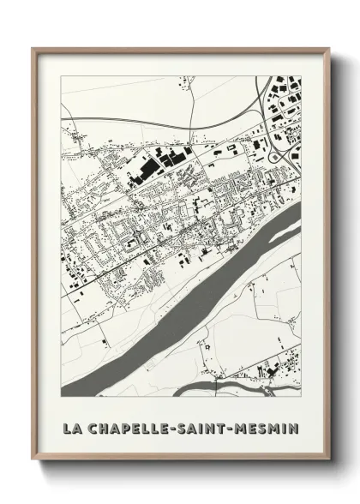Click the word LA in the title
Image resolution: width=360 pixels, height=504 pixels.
72,426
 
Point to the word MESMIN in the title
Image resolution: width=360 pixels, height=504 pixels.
268,426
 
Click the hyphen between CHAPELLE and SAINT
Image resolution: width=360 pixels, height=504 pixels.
178,426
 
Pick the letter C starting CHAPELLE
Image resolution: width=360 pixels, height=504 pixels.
93,426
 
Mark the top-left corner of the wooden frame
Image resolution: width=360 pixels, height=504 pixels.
33,49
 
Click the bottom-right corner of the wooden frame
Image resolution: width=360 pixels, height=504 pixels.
329,461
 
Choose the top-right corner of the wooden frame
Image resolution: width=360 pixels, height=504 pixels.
329,49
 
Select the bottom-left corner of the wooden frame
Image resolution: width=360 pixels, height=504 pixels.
33,461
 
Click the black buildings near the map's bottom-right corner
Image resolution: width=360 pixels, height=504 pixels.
274,371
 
